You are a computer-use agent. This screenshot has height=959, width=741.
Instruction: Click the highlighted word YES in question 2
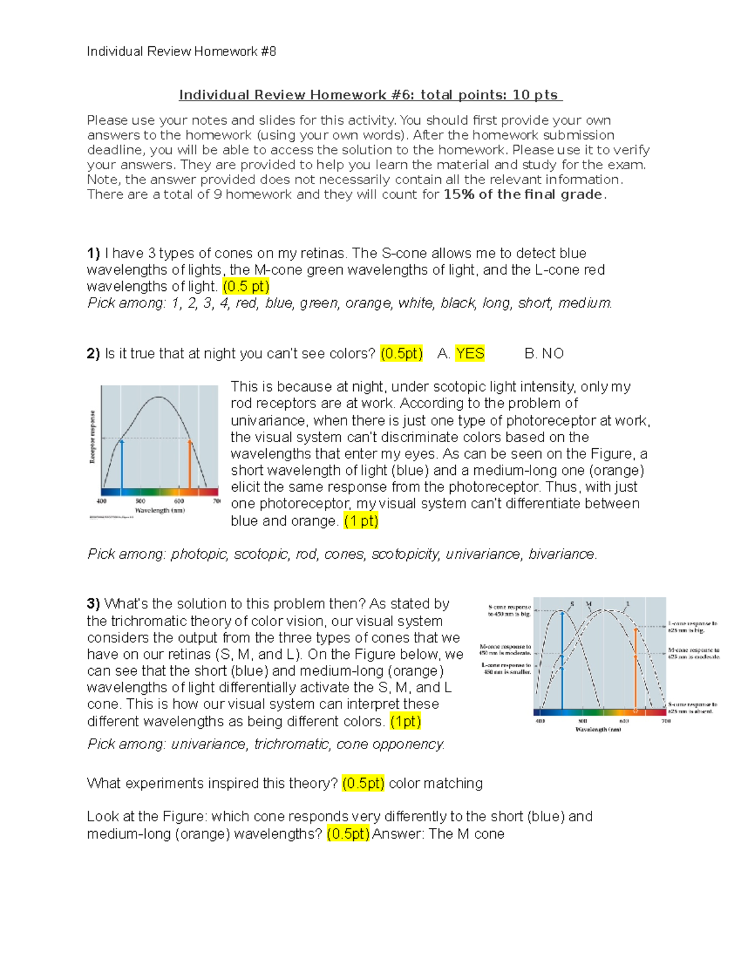[x=469, y=354]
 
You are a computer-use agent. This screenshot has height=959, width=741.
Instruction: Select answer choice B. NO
[x=543, y=354]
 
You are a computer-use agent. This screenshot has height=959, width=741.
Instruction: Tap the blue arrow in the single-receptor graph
[x=122, y=467]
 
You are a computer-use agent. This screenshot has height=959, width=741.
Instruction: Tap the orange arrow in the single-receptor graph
[x=190, y=467]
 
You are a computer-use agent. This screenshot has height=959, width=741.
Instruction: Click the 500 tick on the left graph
[x=140, y=501]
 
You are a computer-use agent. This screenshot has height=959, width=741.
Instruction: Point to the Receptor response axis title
[x=93, y=437]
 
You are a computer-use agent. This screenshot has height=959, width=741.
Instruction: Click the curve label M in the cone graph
[x=588, y=604]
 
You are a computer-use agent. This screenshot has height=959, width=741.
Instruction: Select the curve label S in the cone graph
[x=572, y=604]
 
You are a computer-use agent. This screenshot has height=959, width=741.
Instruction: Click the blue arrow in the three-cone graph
[x=562, y=661]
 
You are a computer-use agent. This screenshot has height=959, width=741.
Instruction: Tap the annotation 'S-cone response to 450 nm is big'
[x=509, y=611]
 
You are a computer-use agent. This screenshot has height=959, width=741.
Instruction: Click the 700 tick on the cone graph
[x=666, y=721]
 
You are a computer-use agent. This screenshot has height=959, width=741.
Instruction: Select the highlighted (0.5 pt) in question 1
[x=246, y=287]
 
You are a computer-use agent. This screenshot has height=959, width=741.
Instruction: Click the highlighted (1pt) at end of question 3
[x=405, y=721]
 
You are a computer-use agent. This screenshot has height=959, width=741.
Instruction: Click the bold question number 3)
[x=93, y=604]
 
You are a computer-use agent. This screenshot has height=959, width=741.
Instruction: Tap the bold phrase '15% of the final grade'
[x=522, y=195]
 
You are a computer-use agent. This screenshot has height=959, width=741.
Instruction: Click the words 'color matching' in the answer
[x=435, y=784]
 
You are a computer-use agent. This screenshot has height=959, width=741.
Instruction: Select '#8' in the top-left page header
[x=268, y=52]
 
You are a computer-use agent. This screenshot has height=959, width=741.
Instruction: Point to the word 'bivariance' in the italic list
[x=561, y=555]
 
